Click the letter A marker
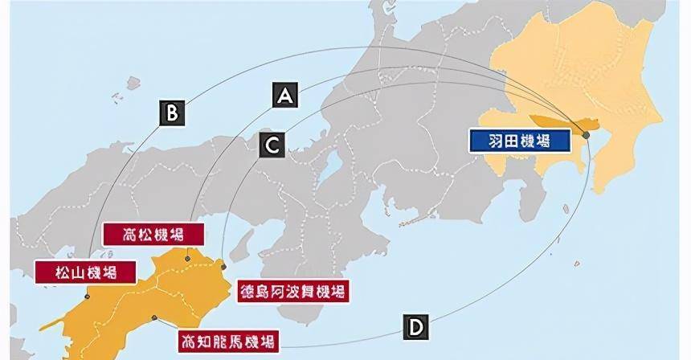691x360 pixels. tap(284, 95)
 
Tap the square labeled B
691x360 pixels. tap(171, 112)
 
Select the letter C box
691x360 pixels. tap(272, 145)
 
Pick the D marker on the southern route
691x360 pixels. tap(415, 327)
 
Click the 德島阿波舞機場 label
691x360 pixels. tap(292, 291)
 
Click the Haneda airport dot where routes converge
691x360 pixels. tap(587, 134)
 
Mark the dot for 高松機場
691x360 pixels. tap(187, 259)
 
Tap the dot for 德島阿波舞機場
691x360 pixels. tap(224, 266)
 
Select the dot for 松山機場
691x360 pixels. tap(87, 296)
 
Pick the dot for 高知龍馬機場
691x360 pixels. tap(153, 317)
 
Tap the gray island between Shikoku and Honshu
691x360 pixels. tap(247, 238)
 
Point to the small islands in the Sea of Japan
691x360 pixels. tap(133, 82)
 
